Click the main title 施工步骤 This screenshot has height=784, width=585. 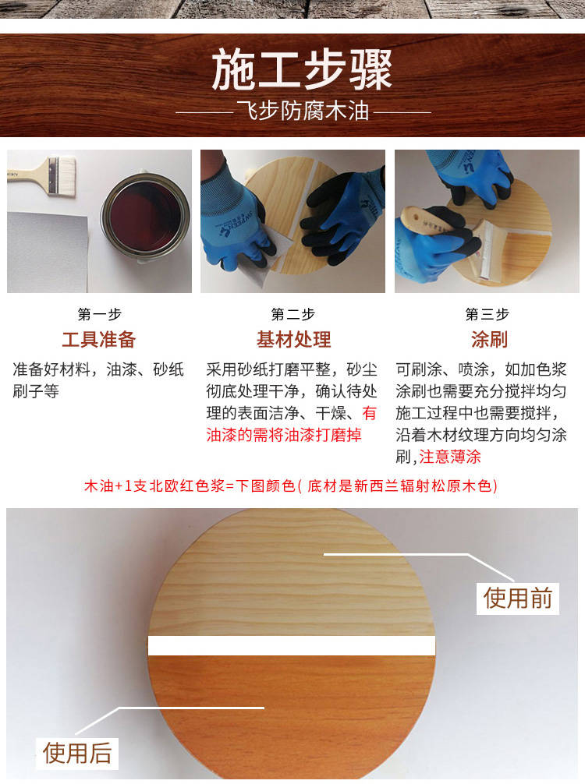[x=302, y=70]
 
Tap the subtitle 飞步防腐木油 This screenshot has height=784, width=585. [x=303, y=111]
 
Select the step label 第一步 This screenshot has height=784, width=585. [x=99, y=314]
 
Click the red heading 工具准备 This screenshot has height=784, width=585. [x=99, y=340]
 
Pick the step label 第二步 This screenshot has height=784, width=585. [x=292, y=314]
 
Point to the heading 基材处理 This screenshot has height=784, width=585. [x=293, y=340]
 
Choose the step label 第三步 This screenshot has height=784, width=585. [x=487, y=314]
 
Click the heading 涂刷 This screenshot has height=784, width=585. [x=489, y=340]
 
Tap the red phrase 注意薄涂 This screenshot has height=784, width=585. [x=450, y=457]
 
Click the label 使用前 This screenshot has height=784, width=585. [x=517, y=598]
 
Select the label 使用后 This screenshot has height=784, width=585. [x=77, y=753]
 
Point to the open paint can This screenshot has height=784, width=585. [x=145, y=217]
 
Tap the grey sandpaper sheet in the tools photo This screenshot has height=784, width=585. [x=48, y=252]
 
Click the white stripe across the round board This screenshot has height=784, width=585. [x=291, y=645]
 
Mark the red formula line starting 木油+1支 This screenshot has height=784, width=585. [x=291, y=486]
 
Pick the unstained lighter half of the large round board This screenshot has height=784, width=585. [x=291, y=575]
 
